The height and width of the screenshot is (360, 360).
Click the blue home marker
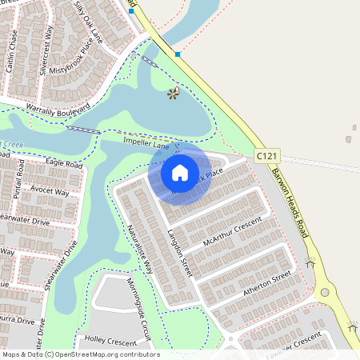[x=180, y=172]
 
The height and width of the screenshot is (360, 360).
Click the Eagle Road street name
[x=64, y=163]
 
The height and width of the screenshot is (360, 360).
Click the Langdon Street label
[x=181, y=252]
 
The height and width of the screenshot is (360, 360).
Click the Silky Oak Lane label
[x=88, y=19]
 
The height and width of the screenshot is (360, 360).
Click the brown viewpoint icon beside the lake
[x=173, y=94]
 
